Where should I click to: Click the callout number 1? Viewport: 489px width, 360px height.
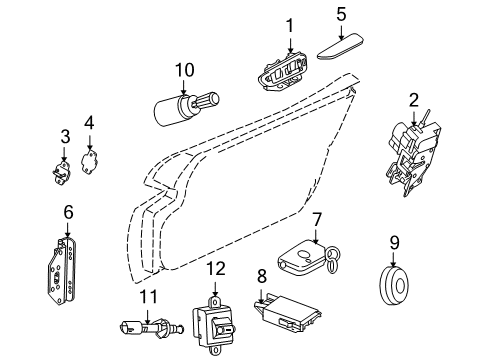(x=290, y=23)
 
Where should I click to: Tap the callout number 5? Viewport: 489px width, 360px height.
(x=340, y=13)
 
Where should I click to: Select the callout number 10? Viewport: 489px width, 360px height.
(x=183, y=70)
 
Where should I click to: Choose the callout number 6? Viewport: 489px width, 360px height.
(x=68, y=212)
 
